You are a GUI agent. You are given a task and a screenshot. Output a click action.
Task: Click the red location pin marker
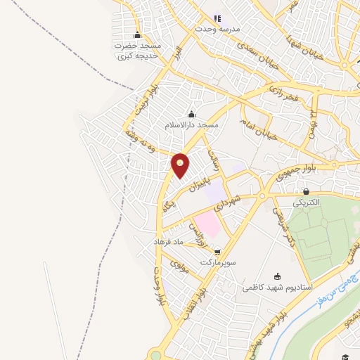coord(181,165)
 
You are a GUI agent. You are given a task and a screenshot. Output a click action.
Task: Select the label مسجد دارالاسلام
coord(192,125)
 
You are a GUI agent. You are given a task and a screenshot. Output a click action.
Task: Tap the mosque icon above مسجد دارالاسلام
coord(191,115)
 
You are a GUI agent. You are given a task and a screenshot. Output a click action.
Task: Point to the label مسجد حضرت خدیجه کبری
coord(139,49)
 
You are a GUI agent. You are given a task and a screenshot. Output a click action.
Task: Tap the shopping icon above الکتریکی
coord(307,191)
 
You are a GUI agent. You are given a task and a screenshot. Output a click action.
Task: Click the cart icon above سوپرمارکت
coord(217,251)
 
